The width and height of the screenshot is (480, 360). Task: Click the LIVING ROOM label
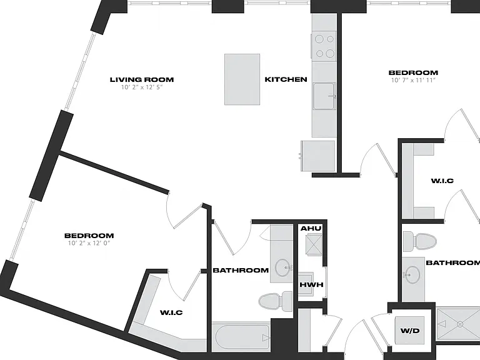coord(142,79)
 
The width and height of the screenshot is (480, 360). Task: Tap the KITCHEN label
coord(286,79)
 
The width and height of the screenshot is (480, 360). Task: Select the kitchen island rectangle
coord(242,79)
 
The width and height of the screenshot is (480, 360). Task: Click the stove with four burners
coord(324,46)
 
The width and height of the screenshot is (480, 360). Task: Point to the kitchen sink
coord(324,96)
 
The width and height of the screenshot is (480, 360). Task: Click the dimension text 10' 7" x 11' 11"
coord(413,80)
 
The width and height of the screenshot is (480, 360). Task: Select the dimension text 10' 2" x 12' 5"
coord(142,87)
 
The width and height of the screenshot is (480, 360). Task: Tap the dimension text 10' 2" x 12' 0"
coord(89,243)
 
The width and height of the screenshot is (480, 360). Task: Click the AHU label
coord(311,228)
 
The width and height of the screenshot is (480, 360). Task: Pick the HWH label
coord(311,285)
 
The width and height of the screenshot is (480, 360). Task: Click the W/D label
coord(410,331)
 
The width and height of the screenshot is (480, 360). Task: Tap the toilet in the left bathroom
coord(276,301)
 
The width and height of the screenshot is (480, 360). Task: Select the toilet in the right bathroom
coord(419,241)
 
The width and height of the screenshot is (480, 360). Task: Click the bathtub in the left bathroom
coord(242,337)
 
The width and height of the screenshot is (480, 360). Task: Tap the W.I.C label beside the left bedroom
coord(171,312)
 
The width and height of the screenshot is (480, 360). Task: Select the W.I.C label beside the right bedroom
coord(442,181)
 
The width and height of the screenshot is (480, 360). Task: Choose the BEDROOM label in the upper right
coord(413,72)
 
